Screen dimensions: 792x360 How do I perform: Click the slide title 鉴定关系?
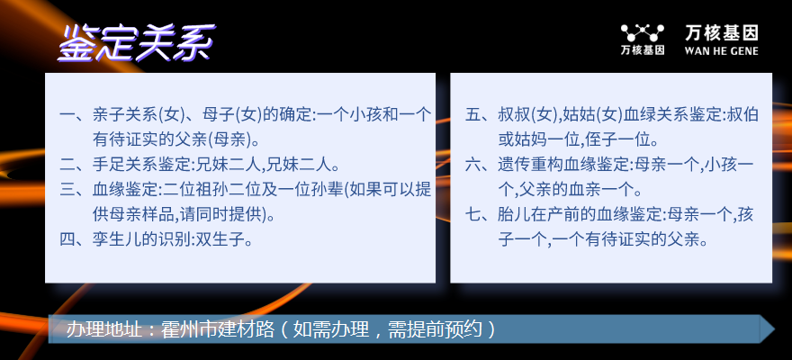137,43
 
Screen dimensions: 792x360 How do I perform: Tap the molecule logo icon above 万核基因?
643,33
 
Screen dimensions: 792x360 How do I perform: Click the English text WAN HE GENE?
721,50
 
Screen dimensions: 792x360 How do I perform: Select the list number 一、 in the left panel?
76,114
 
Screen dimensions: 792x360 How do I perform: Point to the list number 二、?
76,164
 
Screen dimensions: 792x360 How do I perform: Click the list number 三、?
76,189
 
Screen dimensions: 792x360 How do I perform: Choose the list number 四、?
76,238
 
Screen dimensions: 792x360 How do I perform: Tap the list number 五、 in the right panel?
481,114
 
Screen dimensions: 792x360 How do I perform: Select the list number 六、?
481,165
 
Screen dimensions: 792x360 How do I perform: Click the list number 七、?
481,214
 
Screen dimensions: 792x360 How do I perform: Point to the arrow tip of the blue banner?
774,329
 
